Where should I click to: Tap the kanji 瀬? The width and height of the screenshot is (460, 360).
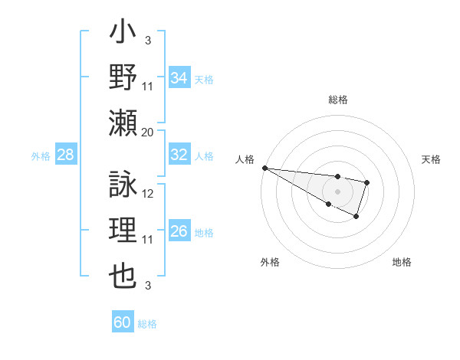click(123, 123)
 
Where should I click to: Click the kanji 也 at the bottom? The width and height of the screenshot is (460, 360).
click(123, 276)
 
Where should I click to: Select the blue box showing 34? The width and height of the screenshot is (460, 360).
click(179, 78)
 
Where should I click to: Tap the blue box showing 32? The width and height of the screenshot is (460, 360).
click(179, 155)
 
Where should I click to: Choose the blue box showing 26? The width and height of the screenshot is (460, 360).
click(179, 232)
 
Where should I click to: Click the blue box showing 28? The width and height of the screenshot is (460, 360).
click(65, 155)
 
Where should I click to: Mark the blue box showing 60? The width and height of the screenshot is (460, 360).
click(123, 322)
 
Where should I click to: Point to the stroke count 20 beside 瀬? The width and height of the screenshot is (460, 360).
click(148, 132)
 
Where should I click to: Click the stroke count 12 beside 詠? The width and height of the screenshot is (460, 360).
click(149, 193)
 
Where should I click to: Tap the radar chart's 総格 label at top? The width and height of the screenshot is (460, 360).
click(337, 100)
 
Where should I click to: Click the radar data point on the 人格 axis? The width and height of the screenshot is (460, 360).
click(264, 168)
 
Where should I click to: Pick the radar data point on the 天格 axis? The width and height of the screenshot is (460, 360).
click(367, 182)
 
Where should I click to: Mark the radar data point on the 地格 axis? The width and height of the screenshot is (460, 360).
click(356, 217)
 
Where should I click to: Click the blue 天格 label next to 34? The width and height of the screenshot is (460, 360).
click(204, 79)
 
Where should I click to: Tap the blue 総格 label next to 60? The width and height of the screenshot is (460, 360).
click(147, 323)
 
